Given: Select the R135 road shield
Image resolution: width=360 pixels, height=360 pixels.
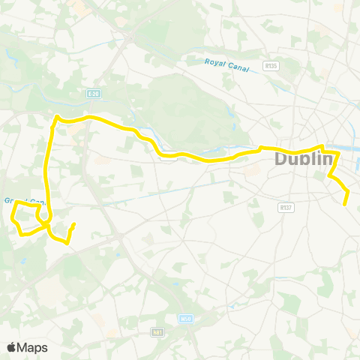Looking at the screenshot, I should coord(271,66).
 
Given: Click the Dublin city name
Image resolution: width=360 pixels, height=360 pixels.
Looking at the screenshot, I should coord(303,159).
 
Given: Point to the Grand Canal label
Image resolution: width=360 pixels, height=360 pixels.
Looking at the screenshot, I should coord(24,201).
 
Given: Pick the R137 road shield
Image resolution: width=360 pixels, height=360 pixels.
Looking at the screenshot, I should coord(284,207).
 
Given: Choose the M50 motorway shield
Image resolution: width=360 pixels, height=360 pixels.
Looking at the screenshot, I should coord(185,318).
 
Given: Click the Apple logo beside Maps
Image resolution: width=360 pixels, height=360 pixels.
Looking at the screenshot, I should coord(12,347).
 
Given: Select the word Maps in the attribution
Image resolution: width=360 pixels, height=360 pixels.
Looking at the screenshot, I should coord(33,347).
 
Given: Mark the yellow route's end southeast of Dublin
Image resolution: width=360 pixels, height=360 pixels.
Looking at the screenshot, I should coord(346,204).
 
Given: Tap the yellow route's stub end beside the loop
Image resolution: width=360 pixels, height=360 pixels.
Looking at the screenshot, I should coord(74,223).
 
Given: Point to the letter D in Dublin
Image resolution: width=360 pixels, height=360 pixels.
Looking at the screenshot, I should coord(282,159).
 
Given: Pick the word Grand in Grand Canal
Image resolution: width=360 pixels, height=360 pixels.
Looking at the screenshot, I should coord(14,201).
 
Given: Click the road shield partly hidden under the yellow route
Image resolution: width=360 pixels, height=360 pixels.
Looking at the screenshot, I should coord(169,157).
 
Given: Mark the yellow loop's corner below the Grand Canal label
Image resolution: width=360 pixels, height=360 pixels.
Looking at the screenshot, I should coord(16,202).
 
